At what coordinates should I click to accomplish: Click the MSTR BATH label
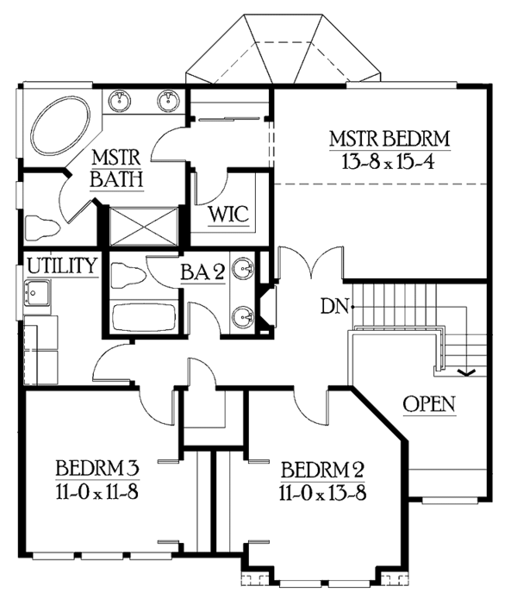(x=117, y=170)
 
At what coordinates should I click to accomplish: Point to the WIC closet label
(x=228, y=215)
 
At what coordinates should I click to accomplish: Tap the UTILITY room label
(x=60, y=265)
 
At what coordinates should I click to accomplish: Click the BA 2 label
(x=202, y=273)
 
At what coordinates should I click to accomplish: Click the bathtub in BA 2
(x=143, y=317)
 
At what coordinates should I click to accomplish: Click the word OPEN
(x=428, y=404)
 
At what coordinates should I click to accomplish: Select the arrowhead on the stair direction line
(x=468, y=372)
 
